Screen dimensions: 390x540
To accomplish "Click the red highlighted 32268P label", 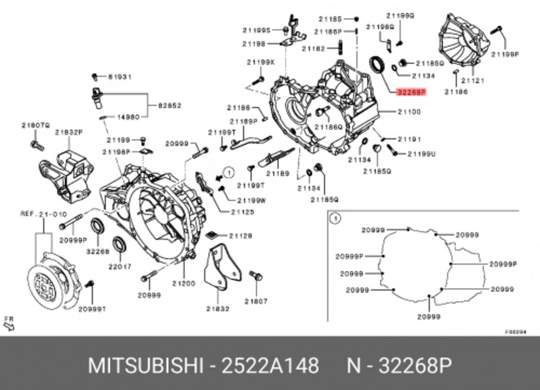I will (x=411, y=92).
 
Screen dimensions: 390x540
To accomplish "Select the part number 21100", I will (x=409, y=112).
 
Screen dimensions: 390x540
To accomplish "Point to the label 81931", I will (x=119, y=77).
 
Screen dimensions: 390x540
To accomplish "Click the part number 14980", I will (x=128, y=116).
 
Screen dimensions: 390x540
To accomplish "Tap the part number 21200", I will (x=184, y=283).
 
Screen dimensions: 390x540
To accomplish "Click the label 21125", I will (x=242, y=212).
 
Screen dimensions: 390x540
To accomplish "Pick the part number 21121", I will (x=473, y=80).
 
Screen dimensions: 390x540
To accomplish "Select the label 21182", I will (x=313, y=49).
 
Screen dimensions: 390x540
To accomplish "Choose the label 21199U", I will (x=421, y=154).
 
